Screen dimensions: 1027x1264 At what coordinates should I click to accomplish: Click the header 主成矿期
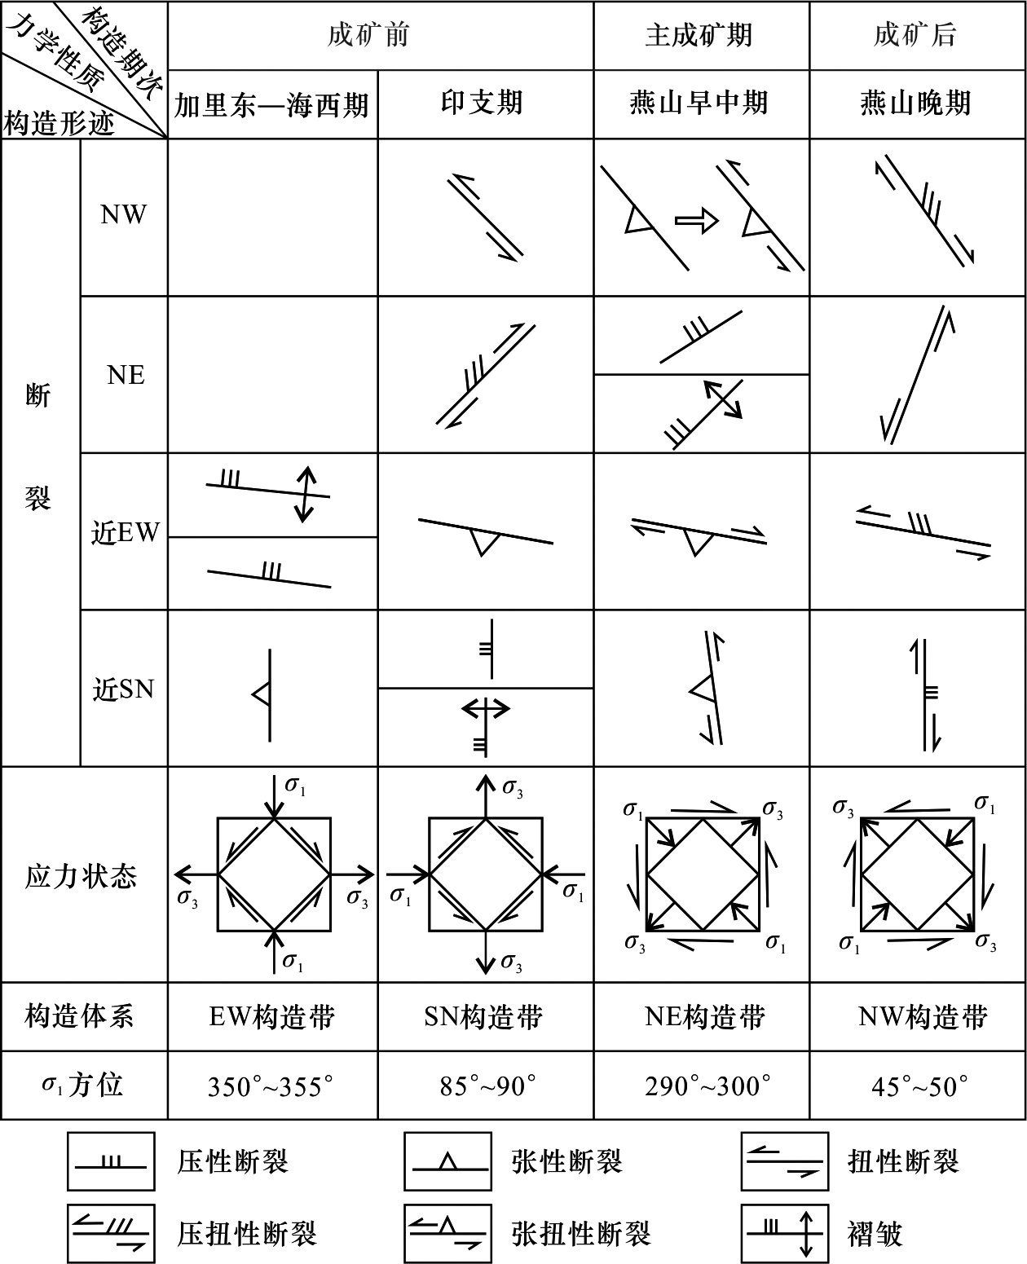coord(699,35)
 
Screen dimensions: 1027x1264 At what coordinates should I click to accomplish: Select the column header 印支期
coord(482,103)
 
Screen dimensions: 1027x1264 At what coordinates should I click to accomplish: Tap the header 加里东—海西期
coord(271,105)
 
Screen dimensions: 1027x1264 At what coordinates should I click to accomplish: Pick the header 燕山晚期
coord(915,103)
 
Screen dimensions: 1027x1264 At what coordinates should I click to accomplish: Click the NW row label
coord(123,215)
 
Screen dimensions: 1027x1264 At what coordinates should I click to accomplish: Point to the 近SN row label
coord(123,689)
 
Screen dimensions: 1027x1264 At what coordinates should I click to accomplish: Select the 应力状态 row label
coord(81,876)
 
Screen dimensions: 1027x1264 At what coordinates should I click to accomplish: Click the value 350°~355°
coord(271,1086)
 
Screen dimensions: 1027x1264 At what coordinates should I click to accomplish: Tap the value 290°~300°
coord(707,1086)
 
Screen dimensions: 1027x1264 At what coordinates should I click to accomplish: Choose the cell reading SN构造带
coord(483,1016)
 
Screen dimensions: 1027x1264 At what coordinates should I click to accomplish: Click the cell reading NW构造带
coord(923,1016)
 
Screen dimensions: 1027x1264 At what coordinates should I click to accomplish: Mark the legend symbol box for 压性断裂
coord(111,1161)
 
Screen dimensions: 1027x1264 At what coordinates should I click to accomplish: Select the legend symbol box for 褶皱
coord(784,1233)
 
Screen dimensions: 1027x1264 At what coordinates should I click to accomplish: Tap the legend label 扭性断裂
coord(903,1161)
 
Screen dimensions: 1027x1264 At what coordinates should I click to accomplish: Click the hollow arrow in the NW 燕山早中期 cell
coord(697,221)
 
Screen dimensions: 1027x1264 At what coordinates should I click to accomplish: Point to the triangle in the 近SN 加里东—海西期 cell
coord(262,694)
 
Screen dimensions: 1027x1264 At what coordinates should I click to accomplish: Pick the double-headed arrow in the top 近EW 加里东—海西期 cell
coord(305,495)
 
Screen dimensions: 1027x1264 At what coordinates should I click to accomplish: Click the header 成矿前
coord(368,35)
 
